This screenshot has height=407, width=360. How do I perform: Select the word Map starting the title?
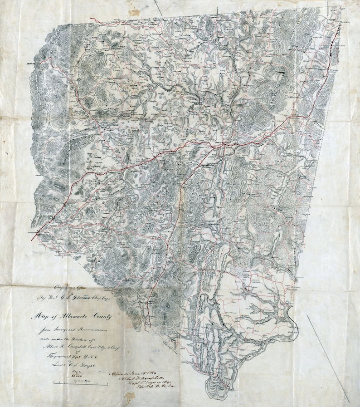[38, 315]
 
